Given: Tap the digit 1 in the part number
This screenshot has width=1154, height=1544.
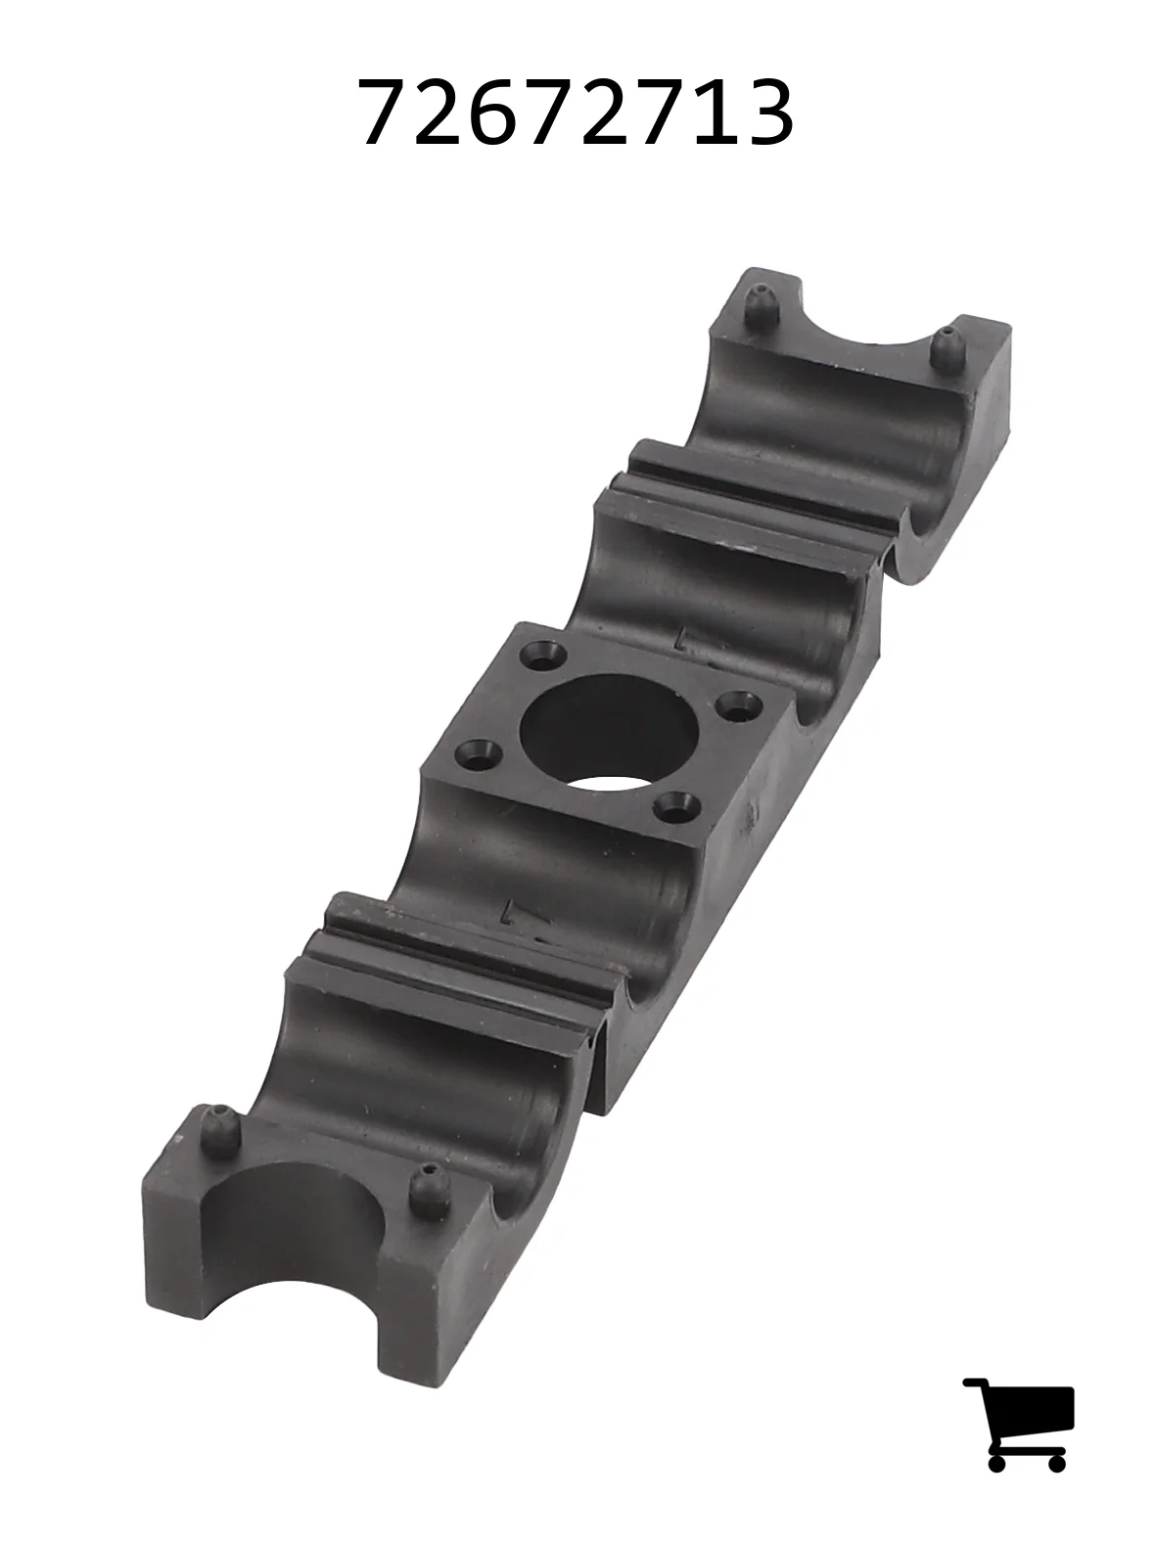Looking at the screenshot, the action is (707, 113).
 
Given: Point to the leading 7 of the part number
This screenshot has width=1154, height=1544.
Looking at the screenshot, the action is (385, 113).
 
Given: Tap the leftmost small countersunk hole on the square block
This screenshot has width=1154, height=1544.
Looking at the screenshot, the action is (479, 754).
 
